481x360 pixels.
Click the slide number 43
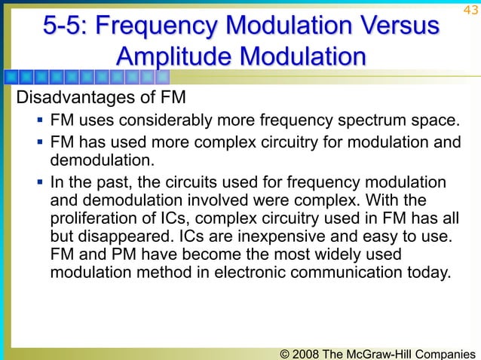tap(470, 9)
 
